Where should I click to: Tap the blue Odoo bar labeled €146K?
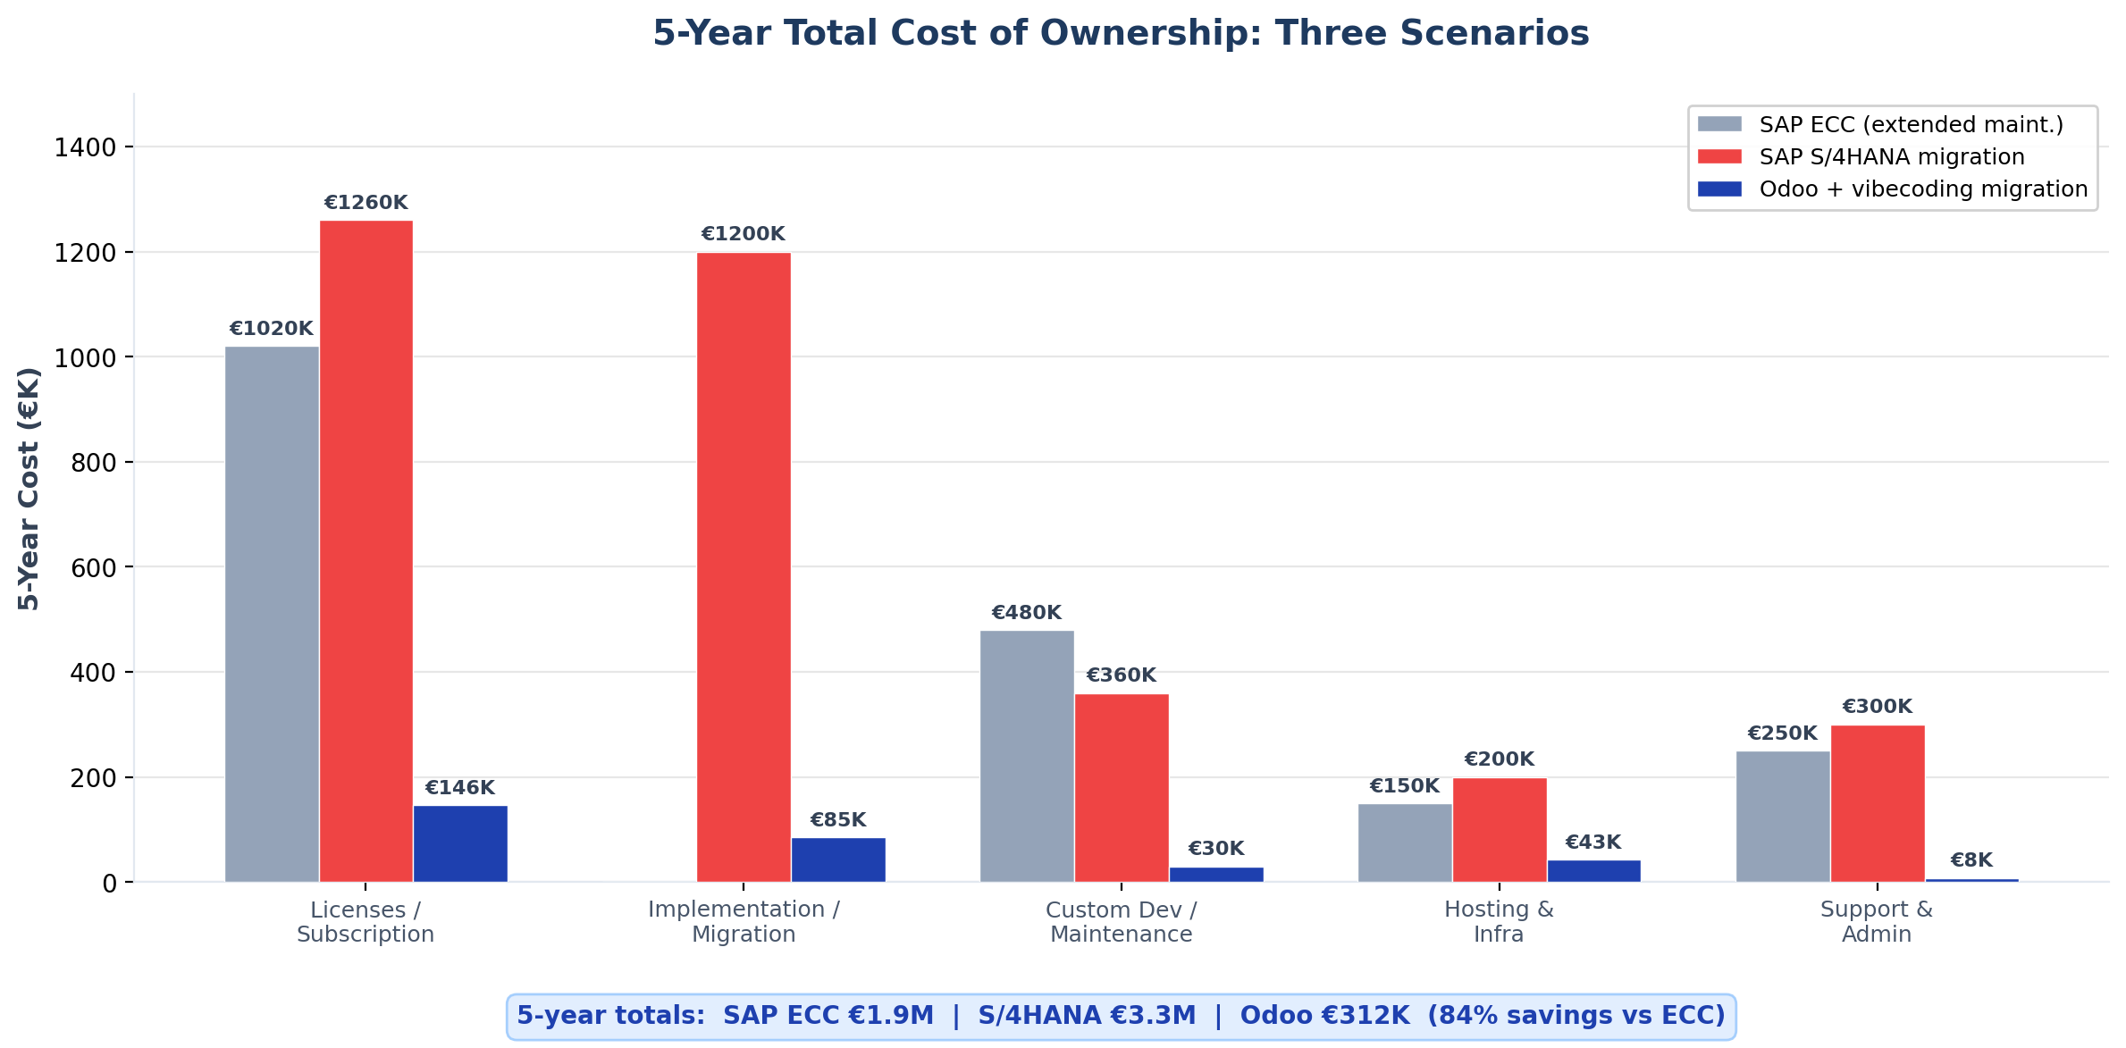pyautogui.click(x=460, y=843)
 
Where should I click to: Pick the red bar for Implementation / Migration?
pyautogui.click(x=744, y=567)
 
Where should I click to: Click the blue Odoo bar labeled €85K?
pyautogui.click(x=838, y=859)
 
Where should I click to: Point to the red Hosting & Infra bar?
pyautogui.click(x=1500, y=830)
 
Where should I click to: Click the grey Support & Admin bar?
pyautogui.click(x=1783, y=817)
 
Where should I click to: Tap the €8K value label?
pyautogui.click(x=1971, y=860)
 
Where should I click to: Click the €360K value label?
pyautogui.click(x=1121, y=675)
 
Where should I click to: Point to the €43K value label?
pyautogui.click(x=1592, y=843)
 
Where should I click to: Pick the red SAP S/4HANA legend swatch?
pyautogui.click(x=1719, y=157)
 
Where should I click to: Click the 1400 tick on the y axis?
pyautogui.click(x=85, y=147)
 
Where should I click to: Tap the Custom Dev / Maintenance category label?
pyautogui.click(x=1121, y=922)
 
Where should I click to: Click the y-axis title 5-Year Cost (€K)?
pyautogui.click(x=29, y=489)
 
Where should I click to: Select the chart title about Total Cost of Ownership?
pyautogui.click(x=1121, y=34)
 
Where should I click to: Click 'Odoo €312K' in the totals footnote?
pyautogui.click(x=1324, y=1016)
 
